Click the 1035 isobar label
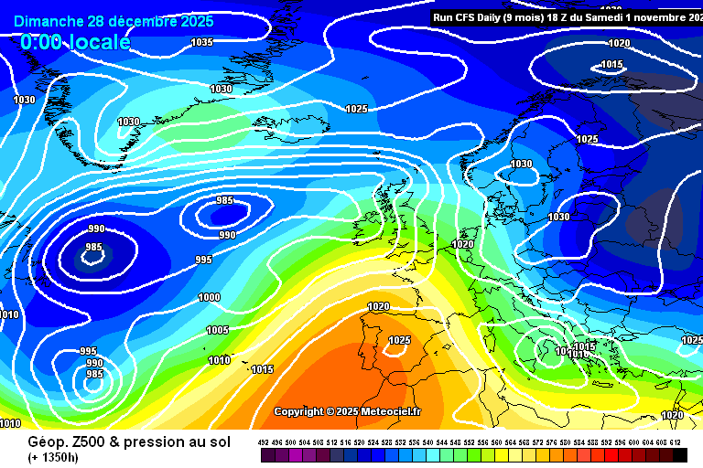pyautogui.click(x=202, y=42)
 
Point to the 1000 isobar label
pyautogui.click(x=209, y=297)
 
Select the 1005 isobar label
pyautogui.click(x=217, y=330)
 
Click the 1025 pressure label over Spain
pyautogui.click(x=400, y=340)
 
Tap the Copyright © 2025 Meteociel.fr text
pyautogui.click(x=348, y=411)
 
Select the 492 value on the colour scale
pyautogui.click(x=264, y=441)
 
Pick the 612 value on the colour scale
pyautogui.click(x=676, y=441)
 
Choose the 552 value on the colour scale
pyautogui.click(x=470, y=441)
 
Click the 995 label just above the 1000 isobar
pyautogui.click(x=203, y=260)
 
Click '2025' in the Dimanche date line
pyautogui.click(x=197, y=21)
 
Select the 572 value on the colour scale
pyautogui.click(x=538, y=441)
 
